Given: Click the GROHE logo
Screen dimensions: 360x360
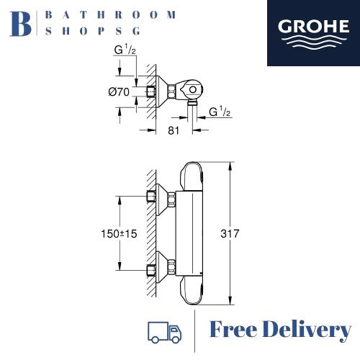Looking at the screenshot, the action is [x=313, y=33].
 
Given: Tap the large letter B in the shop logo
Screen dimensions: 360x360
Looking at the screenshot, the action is [x=21, y=24].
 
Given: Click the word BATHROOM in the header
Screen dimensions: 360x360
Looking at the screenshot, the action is [x=110, y=15].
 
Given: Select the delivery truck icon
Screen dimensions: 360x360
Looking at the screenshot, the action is [x=164, y=332].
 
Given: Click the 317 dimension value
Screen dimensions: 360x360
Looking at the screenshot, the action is [x=230, y=233].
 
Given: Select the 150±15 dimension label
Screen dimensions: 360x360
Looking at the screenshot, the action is [x=119, y=234].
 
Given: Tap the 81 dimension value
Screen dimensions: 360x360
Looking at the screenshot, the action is [x=174, y=130].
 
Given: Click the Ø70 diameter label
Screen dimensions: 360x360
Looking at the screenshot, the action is [x=119, y=91].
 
